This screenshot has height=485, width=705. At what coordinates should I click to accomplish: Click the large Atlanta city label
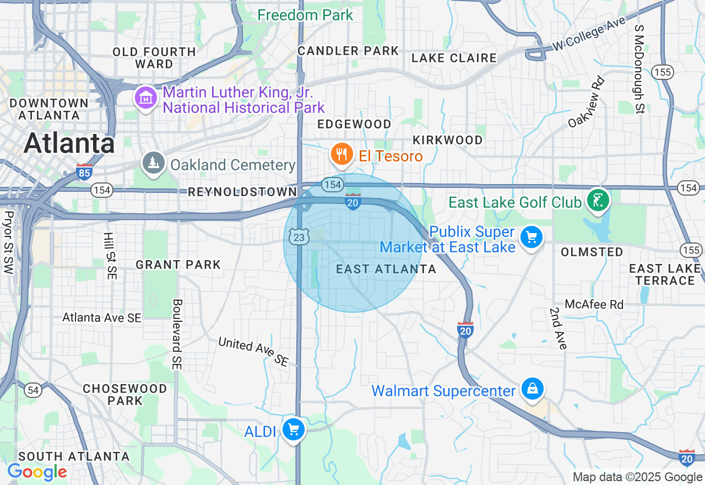pos(69,144)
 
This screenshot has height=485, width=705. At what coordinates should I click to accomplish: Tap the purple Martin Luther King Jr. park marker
pos(146,99)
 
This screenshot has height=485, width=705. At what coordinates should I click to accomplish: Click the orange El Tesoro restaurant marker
pos(342,155)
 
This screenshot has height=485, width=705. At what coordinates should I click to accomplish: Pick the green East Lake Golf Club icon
pos(598,201)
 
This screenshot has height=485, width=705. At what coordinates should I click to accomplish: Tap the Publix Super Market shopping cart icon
pos(532,238)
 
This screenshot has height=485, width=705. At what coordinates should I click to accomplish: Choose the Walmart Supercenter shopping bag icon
pos(533,389)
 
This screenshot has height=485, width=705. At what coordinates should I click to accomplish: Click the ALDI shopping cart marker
pos(293,430)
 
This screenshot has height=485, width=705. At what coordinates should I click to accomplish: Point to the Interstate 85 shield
pos(84,172)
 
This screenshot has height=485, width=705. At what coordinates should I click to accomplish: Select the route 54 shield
pos(33,390)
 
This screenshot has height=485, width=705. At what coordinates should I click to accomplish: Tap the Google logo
pos(37,472)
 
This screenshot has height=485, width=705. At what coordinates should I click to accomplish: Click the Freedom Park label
pos(305,15)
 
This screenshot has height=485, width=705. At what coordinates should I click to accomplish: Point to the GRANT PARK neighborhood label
pos(178,265)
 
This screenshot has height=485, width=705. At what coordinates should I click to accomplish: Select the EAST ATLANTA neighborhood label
pos(386,269)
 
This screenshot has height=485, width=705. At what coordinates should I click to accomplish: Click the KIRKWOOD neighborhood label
pos(447,140)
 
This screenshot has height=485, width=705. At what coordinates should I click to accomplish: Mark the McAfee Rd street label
pos(594,304)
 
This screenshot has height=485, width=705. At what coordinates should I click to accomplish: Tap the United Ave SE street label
pos(253,352)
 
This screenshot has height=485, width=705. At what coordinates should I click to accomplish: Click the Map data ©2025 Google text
pos(637,477)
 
